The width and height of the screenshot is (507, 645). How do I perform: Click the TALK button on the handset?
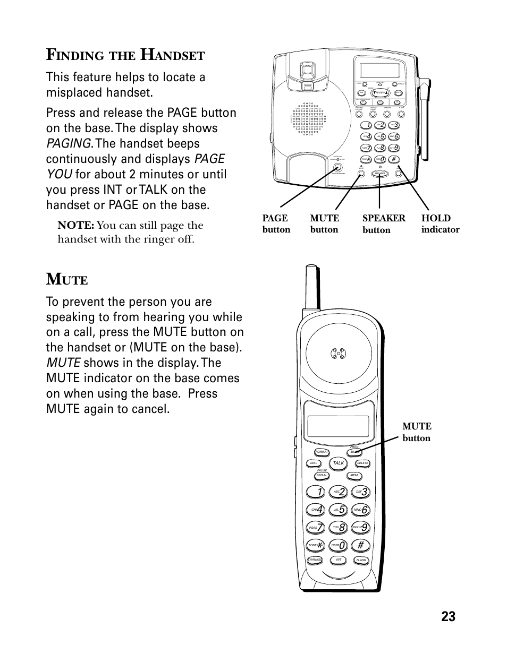[x=339, y=463]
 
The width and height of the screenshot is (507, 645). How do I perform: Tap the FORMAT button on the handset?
[x=322, y=452]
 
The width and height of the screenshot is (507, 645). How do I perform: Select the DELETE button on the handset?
[x=362, y=463]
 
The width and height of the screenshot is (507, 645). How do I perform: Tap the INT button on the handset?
[x=338, y=560]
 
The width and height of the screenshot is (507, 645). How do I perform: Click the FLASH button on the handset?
[x=361, y=561]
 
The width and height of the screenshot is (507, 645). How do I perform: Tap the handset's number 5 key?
[x=338, y=510]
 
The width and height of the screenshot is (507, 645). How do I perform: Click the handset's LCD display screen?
[x=338, y=425]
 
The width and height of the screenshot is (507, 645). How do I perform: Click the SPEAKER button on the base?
[x=379, y=173]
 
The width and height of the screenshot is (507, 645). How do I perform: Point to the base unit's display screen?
[x=379, y=70]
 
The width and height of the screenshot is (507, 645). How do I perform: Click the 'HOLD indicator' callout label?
[x=440, y=223]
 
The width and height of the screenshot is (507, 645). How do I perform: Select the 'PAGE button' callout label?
[x=276, y=223]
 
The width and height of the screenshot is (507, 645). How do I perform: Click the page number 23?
[x=447, y=616]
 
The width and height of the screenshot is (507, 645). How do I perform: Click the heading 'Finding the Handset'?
[x=125, y=54]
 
